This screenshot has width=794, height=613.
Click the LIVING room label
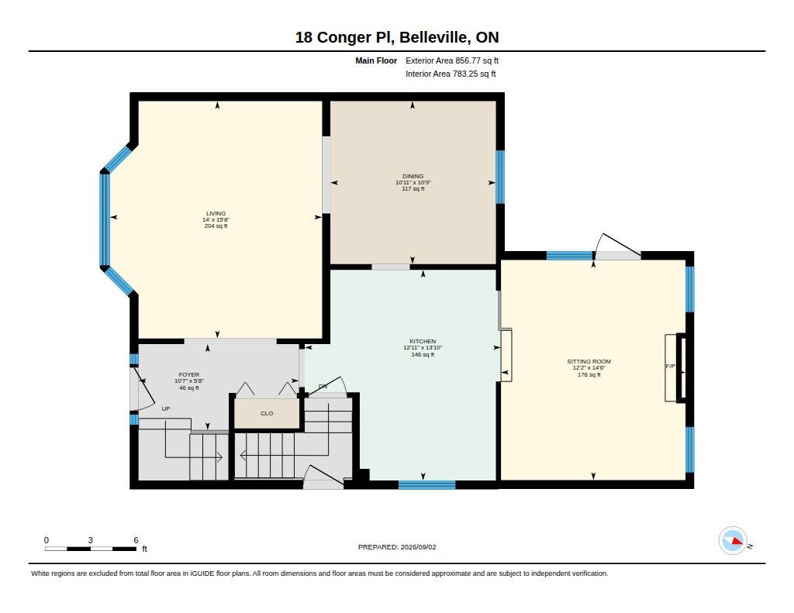click(216, 213)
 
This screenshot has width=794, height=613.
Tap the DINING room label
click(413, 176)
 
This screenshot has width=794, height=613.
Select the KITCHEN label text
click(423, 341)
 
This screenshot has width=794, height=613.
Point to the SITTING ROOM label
click(589, 361)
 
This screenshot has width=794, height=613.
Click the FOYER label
click(189, 374)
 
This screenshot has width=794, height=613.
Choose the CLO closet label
click(267, 414)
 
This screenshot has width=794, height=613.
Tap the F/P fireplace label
click(670, 366)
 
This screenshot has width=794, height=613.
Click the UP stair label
click(166, 408)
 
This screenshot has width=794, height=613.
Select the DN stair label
click(323, 386)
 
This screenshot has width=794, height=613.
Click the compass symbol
click(733, 541)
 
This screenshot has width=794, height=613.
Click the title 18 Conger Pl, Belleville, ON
click(397, 37)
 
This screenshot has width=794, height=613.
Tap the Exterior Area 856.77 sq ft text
click(452, 60)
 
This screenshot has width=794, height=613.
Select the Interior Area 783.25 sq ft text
click(451, 74)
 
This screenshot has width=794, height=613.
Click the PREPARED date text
click(397, 547)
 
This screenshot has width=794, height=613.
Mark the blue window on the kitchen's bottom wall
click(427, 485)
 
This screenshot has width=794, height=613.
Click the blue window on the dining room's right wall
click(500, 177)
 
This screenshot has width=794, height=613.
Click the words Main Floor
click(376, 60)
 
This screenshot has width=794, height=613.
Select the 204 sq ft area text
click(216, 226)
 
